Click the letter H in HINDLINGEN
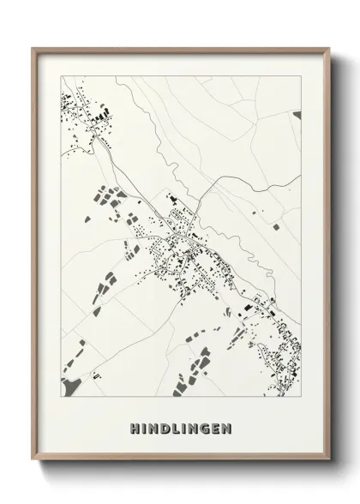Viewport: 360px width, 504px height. [135, 427]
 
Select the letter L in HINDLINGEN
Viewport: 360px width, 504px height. [174, 427]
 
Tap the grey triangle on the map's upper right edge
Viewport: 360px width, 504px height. [297, 114]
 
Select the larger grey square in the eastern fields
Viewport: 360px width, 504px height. [275, 227]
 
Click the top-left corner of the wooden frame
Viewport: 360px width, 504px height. [33, 49]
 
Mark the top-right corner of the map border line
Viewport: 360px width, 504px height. [301, 75]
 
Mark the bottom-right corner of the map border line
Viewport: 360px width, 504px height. [301, 398]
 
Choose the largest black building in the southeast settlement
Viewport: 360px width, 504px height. [247, 305]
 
